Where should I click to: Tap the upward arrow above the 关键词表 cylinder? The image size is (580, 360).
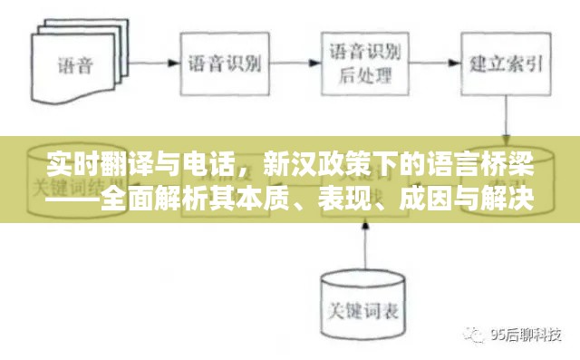tap(363, 245)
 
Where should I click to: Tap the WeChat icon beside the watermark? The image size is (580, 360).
tap(477, 334)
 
